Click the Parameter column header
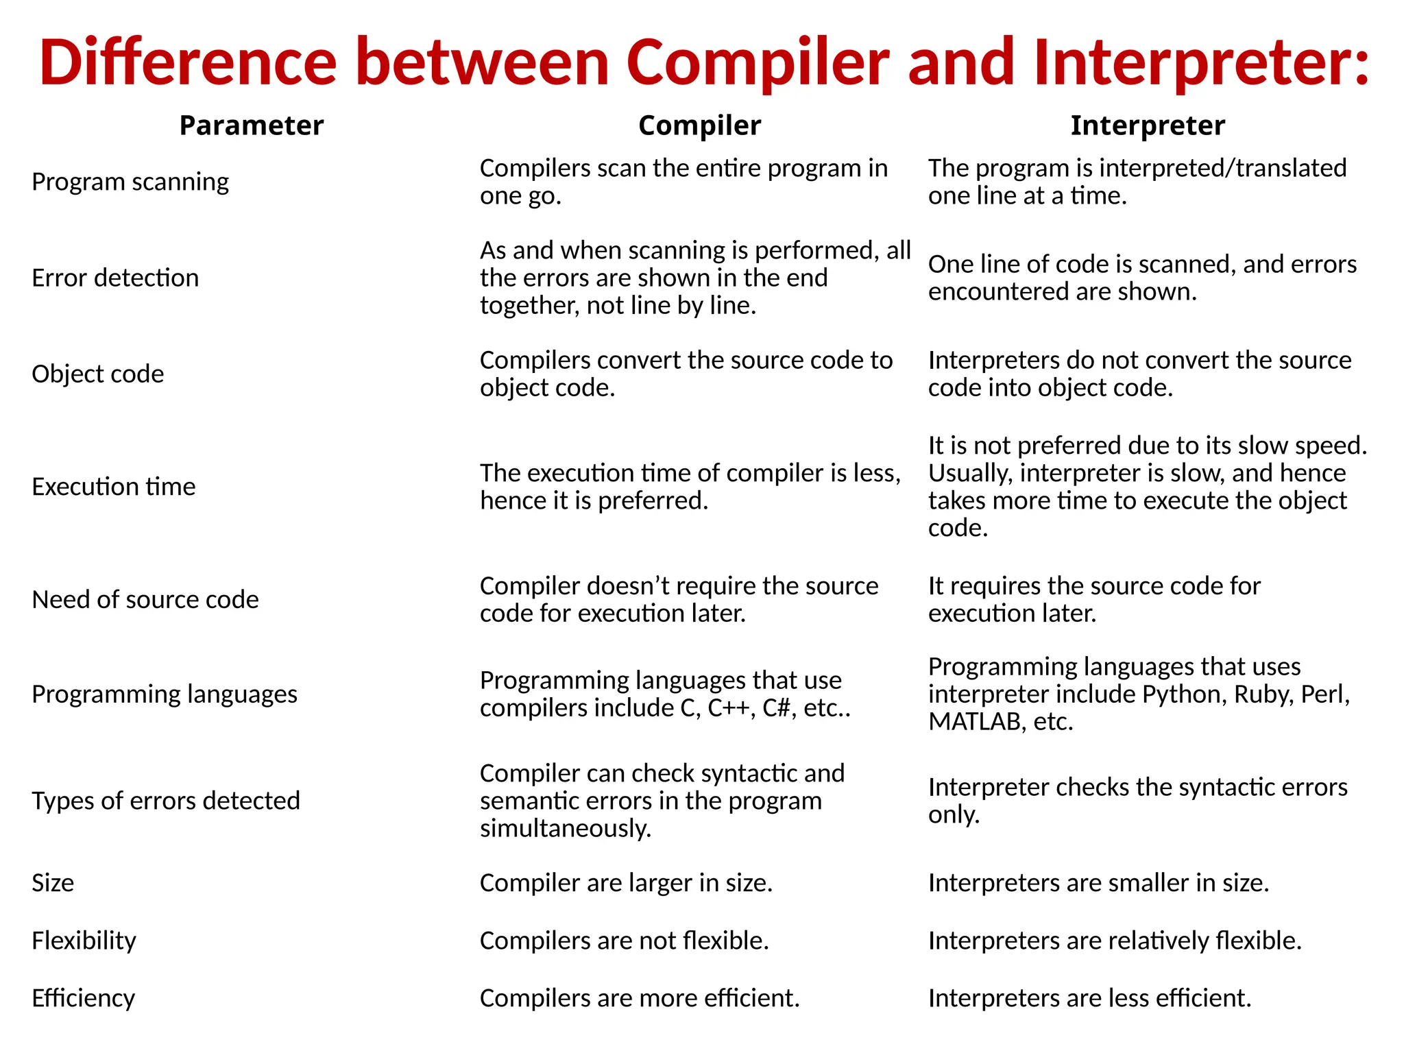[251, 125]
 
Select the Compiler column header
[699, 125]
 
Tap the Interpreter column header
[1148, 125]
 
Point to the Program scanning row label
[130, 182]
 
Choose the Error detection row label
[115, 278]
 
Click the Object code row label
[98, 374]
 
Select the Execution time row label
[114, 487]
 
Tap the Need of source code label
[145, 599]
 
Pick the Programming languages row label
[165, 694]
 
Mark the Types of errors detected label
[166, 801]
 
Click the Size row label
[53, 883]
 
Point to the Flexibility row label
[84, 941]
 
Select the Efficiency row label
[83, 998]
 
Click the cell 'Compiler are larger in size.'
[626, 883]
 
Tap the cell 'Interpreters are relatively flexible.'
[1115, 941]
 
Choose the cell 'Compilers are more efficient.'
[640, 998]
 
